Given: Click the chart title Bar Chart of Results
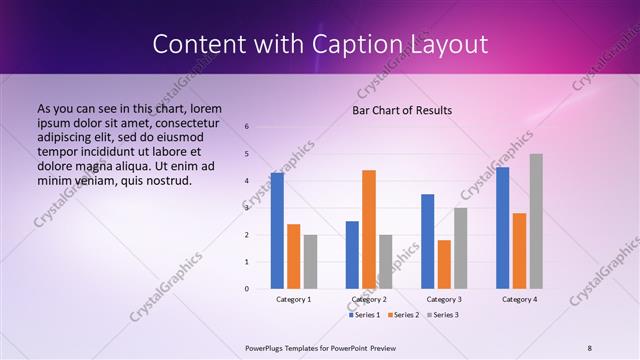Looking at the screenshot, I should pyautogui.click(x=401, y=110).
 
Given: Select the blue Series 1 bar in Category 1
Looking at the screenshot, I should pyautogui.click(x=277, y=231).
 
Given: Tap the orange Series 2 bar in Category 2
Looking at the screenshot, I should pyautogui.click(x=369, y=229).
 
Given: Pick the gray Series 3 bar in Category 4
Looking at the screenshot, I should pyautogui.click(x=536, y=221).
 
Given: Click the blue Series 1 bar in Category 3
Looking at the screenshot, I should pyautogui.click(x=427, y=241).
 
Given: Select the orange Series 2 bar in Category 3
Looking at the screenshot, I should pyautogui.click(x=444, y=264).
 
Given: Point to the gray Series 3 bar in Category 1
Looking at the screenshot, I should pyautogui.click(x=310, y=262).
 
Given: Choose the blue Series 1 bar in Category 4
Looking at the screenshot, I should pyautogui.click(x=502, y=228).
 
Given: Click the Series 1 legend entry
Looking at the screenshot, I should pyautogui.click(x=365, y=315).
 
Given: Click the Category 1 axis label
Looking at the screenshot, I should pyautogui.click(x=294, y=299).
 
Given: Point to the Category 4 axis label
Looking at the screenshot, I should pyautogui.click(x=519, y=299).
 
